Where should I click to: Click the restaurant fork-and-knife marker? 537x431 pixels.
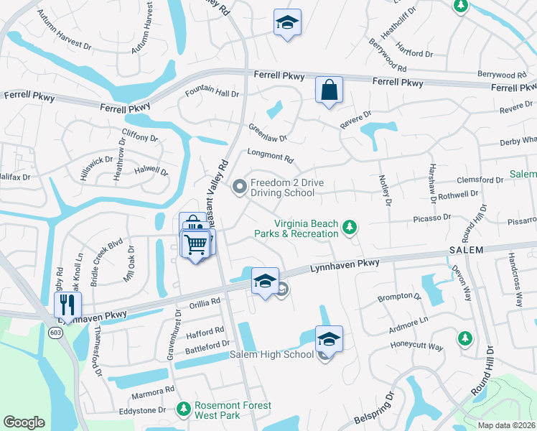[x=67, y=305]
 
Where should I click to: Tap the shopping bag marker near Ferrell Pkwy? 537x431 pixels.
[x=329, y=91]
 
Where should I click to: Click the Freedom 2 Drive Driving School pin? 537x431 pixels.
[x=239, y=187]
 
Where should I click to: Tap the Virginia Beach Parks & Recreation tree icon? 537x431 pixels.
[x=350, y=228]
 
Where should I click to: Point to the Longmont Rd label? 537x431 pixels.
[x=270, y=157]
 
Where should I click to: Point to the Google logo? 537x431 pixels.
[x=24, y=422]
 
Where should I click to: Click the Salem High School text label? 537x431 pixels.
[x=271, y=355]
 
